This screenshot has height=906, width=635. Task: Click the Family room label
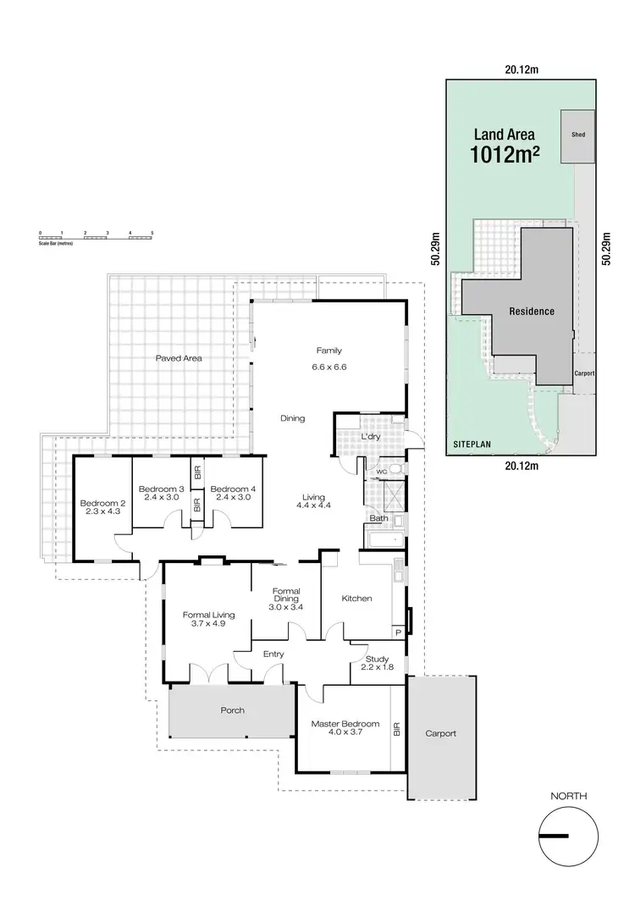329,351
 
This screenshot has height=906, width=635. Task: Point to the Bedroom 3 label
161,489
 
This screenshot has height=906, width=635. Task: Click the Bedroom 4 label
232,489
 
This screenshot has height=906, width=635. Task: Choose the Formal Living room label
207,616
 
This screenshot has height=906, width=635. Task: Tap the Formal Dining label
287,592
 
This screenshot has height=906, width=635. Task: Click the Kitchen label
356,599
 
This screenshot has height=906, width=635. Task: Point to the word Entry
273,654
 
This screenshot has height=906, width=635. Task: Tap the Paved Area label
179,358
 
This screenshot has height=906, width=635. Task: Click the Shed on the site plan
578,135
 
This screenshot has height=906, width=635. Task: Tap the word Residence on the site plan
532,312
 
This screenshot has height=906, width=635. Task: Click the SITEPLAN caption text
472,443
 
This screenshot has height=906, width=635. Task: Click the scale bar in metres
96,236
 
